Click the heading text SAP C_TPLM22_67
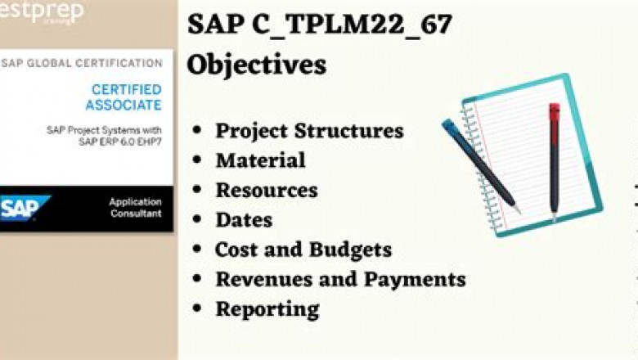319,25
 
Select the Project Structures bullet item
309,131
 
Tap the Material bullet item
260,160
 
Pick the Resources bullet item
266,190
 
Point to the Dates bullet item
244,219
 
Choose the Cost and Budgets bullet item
303,250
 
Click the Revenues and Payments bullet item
340,279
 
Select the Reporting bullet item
267,309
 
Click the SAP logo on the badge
25,208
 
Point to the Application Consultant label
135,208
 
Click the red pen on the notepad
554,160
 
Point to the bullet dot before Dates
196,220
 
